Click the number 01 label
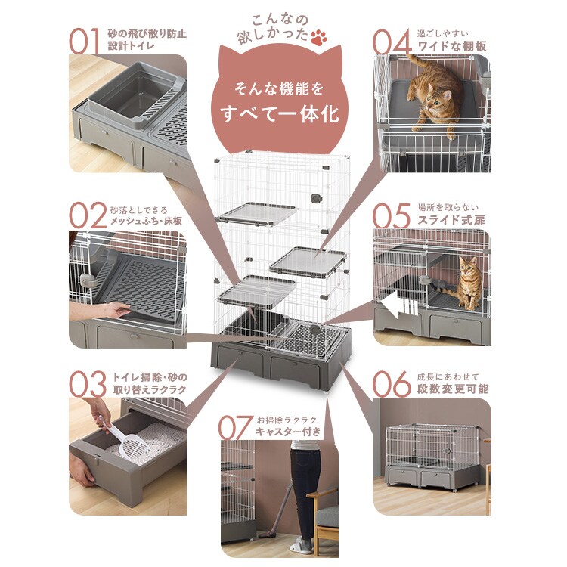(x=85, y=42)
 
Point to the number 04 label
(x=393, y=42)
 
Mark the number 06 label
(x=393, y=383)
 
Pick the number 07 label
(x=235, y=427)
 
